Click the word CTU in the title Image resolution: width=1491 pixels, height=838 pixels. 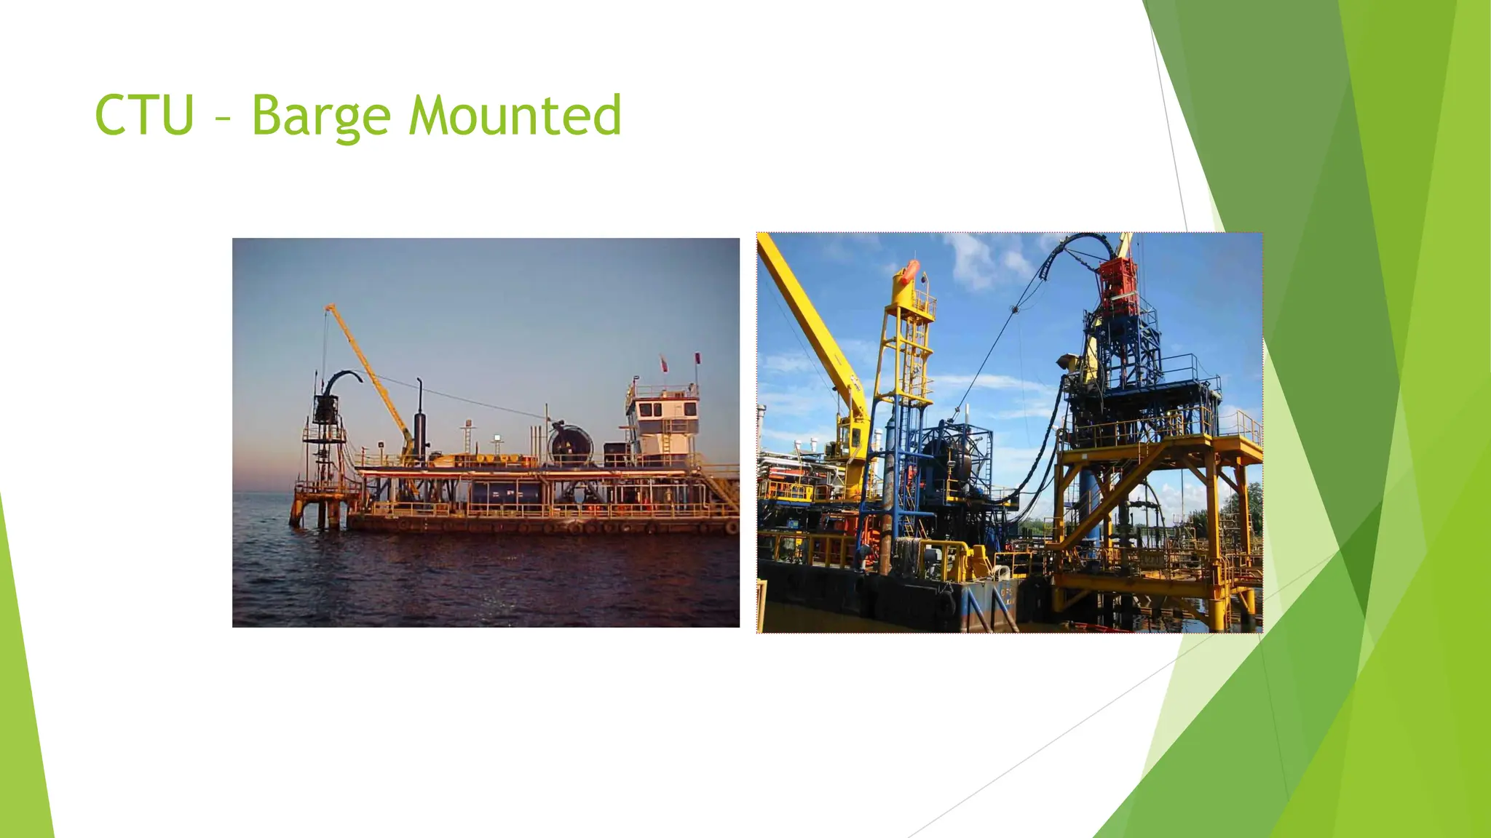[144, 116]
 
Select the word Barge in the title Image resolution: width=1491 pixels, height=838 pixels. [321, 116]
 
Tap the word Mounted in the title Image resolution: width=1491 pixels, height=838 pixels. [515, 116]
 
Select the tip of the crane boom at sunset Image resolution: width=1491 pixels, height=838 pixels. [328, 308]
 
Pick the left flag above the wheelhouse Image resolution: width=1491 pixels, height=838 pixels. [663, 362]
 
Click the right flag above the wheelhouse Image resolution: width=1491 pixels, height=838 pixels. [697, 359]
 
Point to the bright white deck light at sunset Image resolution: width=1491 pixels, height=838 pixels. [497, 438]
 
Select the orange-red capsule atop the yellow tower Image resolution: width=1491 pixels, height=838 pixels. [907, 272]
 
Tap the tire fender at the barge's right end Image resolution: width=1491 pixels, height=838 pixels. [731, 527]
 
